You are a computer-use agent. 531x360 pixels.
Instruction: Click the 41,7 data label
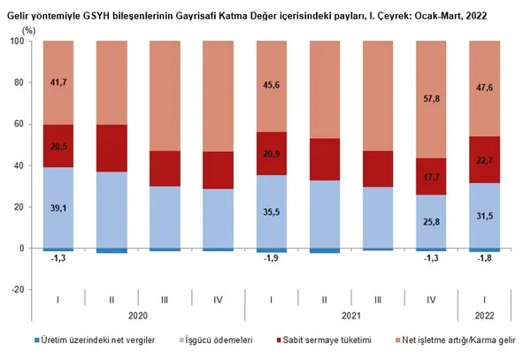click(x=58, y=81)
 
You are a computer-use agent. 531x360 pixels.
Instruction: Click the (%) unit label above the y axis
click(x=26, y=30)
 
